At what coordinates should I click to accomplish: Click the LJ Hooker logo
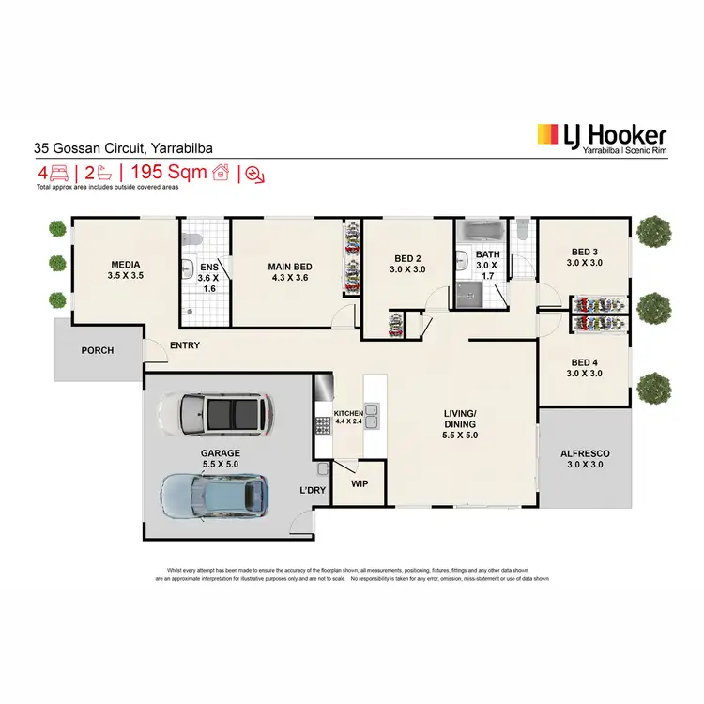[x=601, y=139]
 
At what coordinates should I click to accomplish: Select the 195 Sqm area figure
[x=169, y=173]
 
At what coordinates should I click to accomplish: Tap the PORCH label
[x=98, y=350]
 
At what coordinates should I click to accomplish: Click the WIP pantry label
[x=359, y=485]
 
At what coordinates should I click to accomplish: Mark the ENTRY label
[x=184, y=346]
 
